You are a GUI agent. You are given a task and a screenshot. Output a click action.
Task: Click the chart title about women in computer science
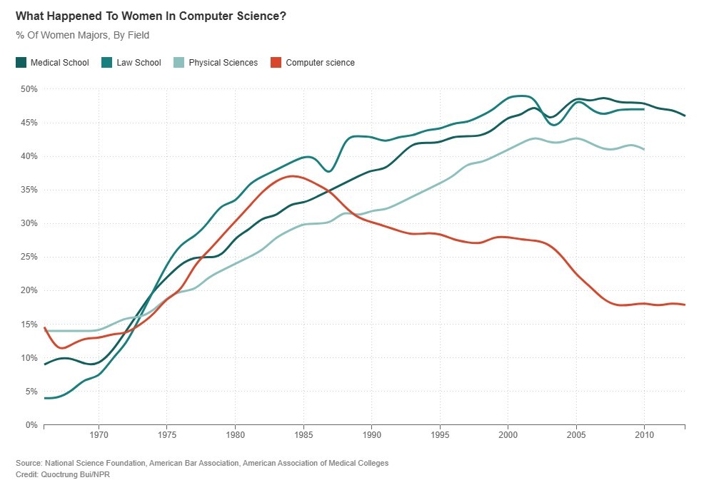(x=151, y=15)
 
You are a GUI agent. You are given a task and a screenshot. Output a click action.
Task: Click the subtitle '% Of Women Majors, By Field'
(x=82, y=35)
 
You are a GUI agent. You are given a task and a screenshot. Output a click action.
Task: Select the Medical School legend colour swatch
(x=21, y=63)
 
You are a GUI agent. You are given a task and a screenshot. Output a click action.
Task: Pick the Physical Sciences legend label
(x=223, y=63)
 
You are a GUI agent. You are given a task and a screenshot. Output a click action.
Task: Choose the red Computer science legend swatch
(x=276, y=63)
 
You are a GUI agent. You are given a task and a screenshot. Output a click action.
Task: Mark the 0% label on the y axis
(x=30, y=425)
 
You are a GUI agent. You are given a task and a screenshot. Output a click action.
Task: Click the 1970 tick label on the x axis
(x=99, y=434)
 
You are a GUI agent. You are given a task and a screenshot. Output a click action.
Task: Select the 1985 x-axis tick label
(x=303, y=434)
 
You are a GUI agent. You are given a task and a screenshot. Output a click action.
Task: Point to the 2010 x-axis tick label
(x=644, y=434)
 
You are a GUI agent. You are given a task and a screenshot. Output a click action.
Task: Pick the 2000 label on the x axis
(x=508, y=434)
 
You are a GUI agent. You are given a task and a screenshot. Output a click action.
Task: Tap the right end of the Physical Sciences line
(x=644, y=149)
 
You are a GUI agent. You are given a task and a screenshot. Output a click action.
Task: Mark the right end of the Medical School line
(x=685, y=116)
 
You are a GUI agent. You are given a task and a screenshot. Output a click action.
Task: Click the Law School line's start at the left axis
(x=45, y=398)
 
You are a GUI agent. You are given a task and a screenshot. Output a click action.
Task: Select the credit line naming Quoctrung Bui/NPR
(x=63, y=474)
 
